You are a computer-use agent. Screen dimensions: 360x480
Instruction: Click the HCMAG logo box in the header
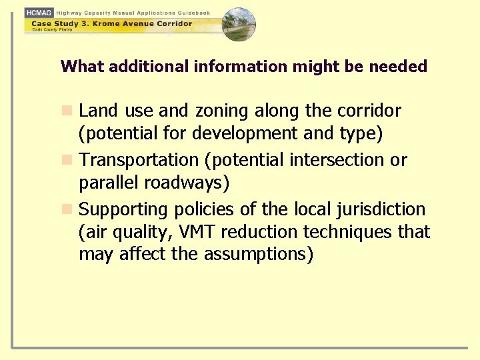coord(39,13)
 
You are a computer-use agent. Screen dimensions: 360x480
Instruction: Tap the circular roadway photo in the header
coord(238,25)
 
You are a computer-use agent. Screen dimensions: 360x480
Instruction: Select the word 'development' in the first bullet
coord(245,134)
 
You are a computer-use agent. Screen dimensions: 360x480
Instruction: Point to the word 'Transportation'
coord(139,160)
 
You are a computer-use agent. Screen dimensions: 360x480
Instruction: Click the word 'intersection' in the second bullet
coord(332,160)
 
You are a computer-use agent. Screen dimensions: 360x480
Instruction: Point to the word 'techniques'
coord(348,232)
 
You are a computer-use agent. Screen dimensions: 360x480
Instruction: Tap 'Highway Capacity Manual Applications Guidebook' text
coord(133,13)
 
